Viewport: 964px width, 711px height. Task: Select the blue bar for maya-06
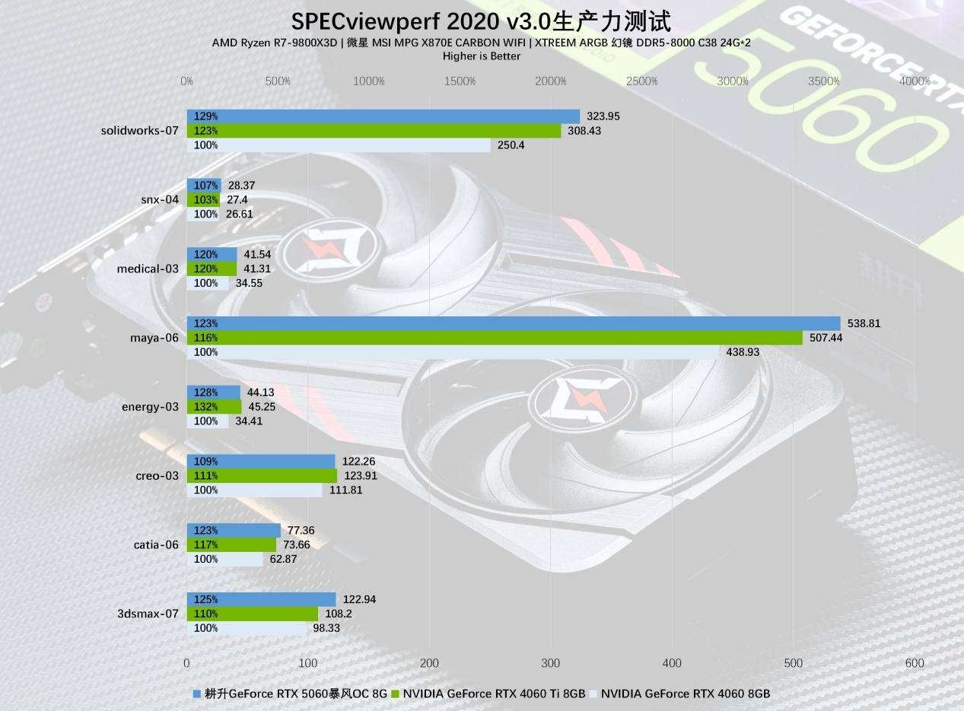coord(514,323)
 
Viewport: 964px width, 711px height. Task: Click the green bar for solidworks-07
coord(374,131)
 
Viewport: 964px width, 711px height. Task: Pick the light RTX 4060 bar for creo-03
coord(255,490)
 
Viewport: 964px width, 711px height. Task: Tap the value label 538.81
coord(864,323)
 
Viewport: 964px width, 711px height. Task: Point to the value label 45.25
coord(262,407)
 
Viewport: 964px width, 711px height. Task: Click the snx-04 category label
coord(160,200)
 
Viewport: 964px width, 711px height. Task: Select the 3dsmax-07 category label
coord(148,614)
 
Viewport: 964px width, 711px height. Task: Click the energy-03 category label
coord(150,407)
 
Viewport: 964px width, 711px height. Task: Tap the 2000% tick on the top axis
coord(550,81)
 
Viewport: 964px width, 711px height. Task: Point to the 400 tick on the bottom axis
coord(673,663)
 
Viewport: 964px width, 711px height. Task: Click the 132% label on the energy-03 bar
coord(205,407)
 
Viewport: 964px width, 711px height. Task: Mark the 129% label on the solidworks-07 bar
coord(205,116)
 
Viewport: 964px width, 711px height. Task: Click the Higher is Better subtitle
coord(481,56)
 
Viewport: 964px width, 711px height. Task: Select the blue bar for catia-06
coord(234,530)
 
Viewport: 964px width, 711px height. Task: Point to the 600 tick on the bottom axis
coord(915,663)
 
